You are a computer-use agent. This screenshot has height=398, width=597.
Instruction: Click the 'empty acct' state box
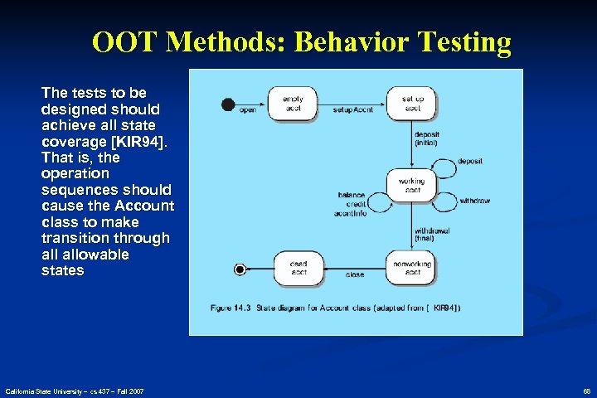point(292,103)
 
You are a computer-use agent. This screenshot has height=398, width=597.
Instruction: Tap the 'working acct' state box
point(411,185)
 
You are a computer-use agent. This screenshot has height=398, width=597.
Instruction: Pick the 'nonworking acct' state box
point(412,268)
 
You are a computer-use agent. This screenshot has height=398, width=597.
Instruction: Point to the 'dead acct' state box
point(298,268)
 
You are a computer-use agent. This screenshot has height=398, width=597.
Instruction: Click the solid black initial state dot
point(228,104)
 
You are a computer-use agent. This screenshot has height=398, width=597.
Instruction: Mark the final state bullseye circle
point(240,269)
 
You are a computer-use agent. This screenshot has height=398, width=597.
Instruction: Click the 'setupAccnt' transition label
point(352,109)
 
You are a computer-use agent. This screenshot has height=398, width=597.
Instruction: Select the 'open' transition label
point(247,109)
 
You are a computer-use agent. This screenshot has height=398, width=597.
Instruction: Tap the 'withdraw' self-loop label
point(474,200)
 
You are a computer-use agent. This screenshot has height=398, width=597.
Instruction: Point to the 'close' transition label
point(355,274)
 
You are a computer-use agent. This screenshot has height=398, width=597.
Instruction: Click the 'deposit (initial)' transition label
point(426,138)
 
